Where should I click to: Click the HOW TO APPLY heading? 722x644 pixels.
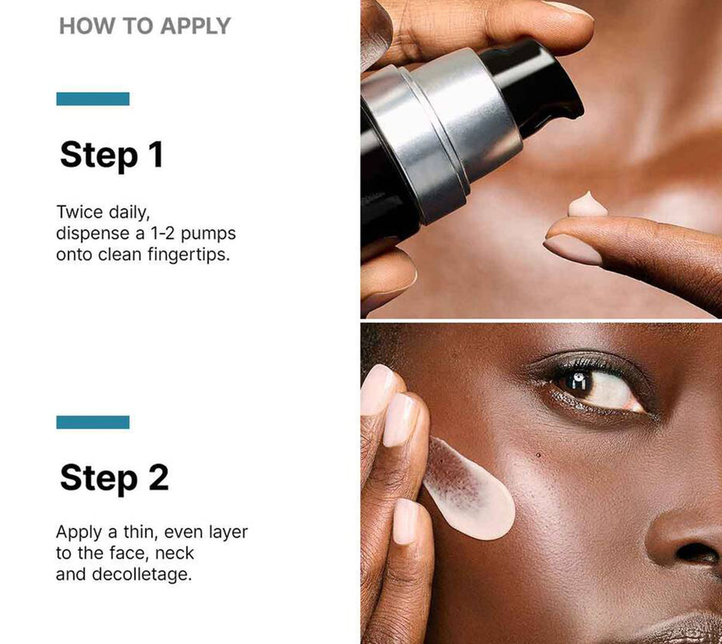click(145, 26)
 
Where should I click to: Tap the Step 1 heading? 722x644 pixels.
click(111, 154)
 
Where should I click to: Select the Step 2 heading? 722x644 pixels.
click(114, 478)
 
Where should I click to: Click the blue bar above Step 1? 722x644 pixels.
click(92, 99)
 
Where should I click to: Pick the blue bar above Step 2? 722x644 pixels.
click(92, 422)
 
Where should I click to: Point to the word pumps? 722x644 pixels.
click(208, 234)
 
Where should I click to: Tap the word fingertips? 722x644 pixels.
click(188, 254)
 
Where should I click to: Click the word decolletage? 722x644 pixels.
click(141, 574)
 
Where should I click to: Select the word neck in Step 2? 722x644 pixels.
click(175, 553)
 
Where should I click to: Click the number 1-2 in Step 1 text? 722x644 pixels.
click(162, 233)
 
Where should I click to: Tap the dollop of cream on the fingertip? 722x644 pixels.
click(587, 205)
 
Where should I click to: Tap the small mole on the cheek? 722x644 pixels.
click(538, 456)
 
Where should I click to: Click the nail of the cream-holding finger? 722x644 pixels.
click(573, 249)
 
